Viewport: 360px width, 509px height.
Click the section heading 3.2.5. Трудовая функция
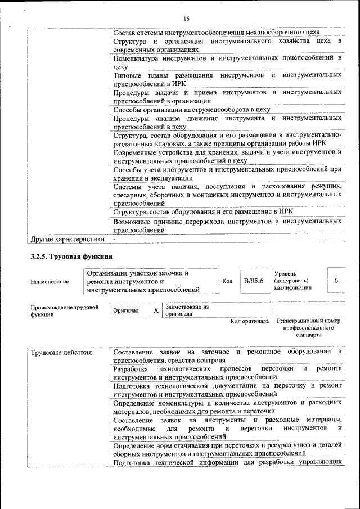click(66, 257)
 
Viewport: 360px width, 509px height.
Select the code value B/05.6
click(253, 281)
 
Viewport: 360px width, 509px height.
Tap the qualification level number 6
click(336, 281)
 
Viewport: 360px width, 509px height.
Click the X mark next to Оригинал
click(156, 310)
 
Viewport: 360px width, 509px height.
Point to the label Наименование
click(50, 281)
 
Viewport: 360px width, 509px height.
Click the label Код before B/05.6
click(227, 281)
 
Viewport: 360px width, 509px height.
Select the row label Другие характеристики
click(67, 239)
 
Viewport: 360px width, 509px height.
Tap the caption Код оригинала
click(250, 322)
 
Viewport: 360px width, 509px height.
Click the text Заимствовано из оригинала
click(187, 310)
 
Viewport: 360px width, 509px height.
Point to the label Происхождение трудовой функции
click(64, 311)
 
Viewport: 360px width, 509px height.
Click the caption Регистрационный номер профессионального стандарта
click(309, 328)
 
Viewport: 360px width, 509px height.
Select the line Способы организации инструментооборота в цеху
click(191, 110)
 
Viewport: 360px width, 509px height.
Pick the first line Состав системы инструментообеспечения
click(216, 33)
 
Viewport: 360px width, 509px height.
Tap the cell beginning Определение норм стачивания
click(227, 449)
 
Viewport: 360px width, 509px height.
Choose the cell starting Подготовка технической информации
click(227, 463)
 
